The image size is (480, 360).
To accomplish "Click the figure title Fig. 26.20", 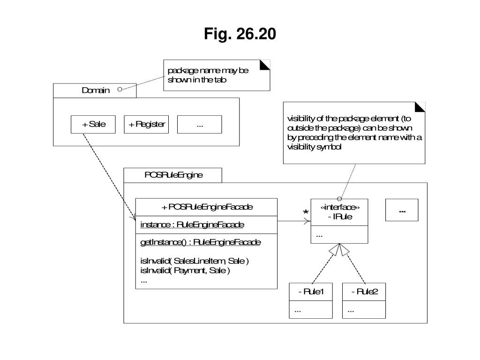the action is (x=240, y=34).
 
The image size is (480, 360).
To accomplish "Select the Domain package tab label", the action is (x=96, y=90).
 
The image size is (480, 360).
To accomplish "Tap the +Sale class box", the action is (x=93, y=124).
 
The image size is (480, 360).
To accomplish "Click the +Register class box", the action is (x=146, y=124).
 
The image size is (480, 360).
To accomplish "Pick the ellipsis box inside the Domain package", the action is (x=200, y=124).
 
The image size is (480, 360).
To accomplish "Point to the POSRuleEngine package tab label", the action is (x=173, y=175).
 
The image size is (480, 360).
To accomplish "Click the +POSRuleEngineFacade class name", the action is (x=207, y=207).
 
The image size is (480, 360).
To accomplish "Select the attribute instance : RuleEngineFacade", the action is (x=192, y=225).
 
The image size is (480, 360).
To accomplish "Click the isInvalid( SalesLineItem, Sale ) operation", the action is (x=195, y=261).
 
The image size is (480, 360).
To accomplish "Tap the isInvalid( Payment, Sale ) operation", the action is (x=185, y=270).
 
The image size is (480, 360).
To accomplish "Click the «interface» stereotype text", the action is (x=340, y=208).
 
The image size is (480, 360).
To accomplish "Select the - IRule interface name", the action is (x=340, y=217).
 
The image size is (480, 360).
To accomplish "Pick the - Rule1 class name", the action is (x=311, y=292).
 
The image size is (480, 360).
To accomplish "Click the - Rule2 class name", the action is (x=365, y=292).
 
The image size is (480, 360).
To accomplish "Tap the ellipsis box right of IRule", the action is (x=402, y=210).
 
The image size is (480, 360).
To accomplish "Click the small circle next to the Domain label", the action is (x=120, y=90).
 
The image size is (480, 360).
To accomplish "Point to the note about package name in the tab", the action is (x=217, y=75).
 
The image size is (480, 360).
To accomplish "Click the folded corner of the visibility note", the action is (x=420, y=107).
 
